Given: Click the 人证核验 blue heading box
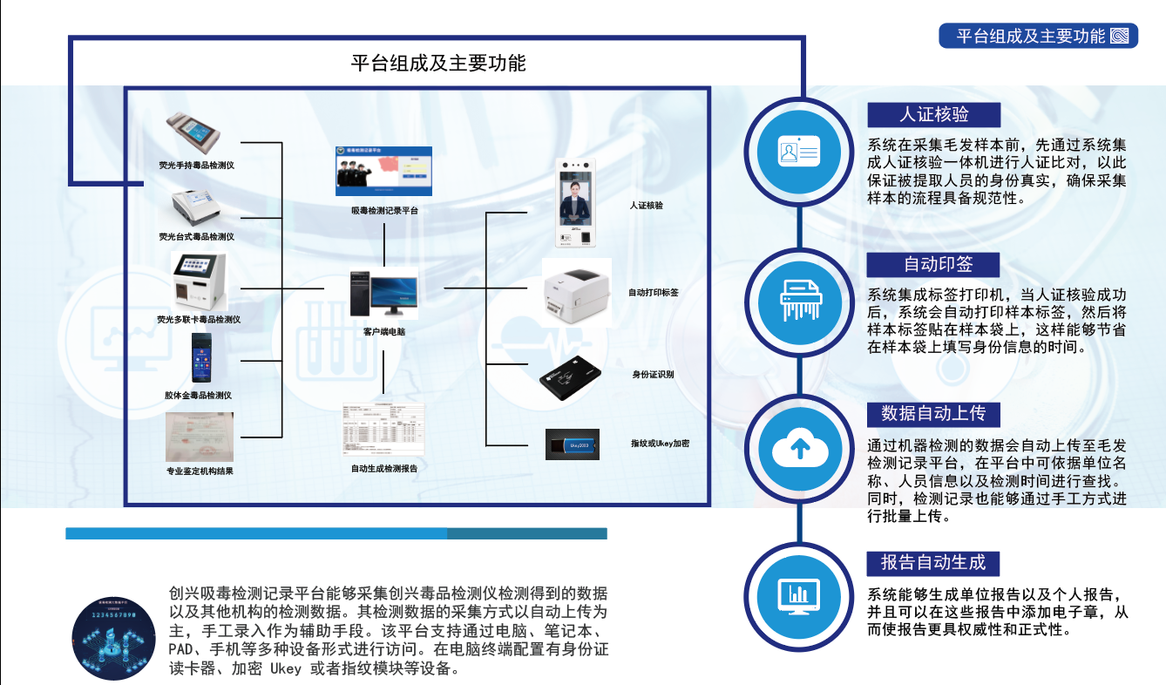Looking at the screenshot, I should pos(933,114).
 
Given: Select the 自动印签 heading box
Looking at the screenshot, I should pos(933,264).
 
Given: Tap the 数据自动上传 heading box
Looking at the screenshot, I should pos(933,413).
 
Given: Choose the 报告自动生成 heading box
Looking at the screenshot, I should pos(933,562).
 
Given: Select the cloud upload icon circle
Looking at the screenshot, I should pos(800,448).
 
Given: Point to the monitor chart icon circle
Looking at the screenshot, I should pos(800,595).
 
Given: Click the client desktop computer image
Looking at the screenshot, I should pos(383,293).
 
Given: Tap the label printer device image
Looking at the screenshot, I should pos(578,293).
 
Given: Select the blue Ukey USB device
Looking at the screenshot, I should pos(572,444).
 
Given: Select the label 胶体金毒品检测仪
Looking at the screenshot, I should pos(198,396).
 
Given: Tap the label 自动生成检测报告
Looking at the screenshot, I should pos(383,468).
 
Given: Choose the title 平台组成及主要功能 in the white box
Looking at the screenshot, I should pos(438,63).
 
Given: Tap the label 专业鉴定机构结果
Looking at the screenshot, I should pos(200,471).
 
